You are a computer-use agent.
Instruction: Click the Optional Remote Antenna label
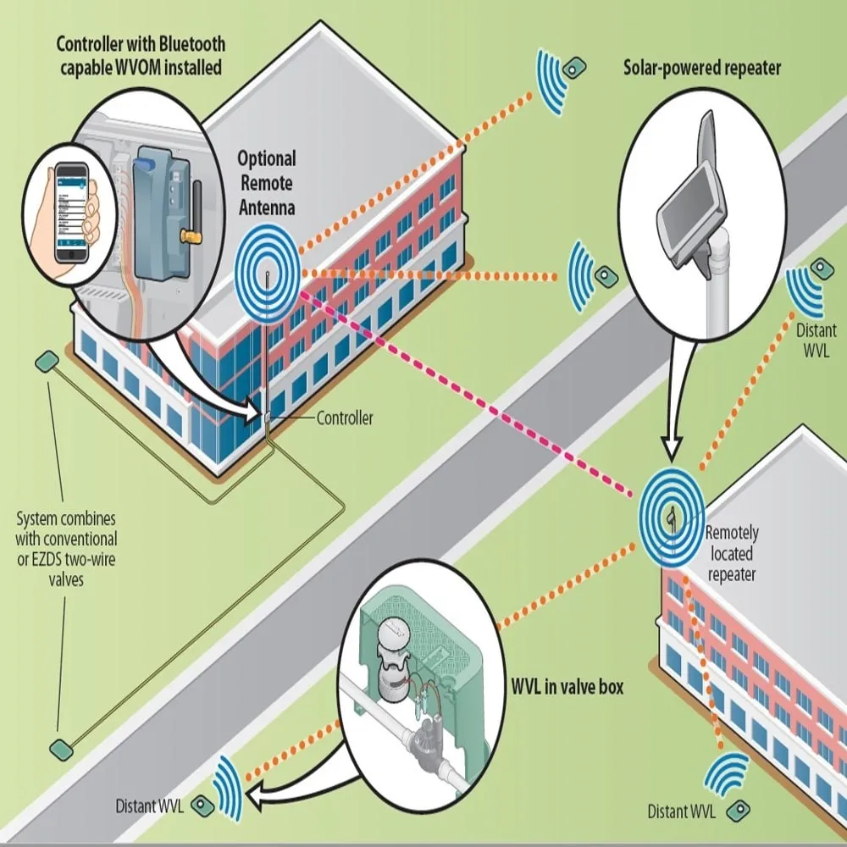coord(266,181)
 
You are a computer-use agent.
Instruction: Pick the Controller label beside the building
coord(344,418)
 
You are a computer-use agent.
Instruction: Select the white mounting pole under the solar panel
coord(718,296)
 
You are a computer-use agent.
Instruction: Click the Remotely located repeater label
coord(731,554)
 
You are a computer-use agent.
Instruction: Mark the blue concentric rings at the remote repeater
coord(671,516)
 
